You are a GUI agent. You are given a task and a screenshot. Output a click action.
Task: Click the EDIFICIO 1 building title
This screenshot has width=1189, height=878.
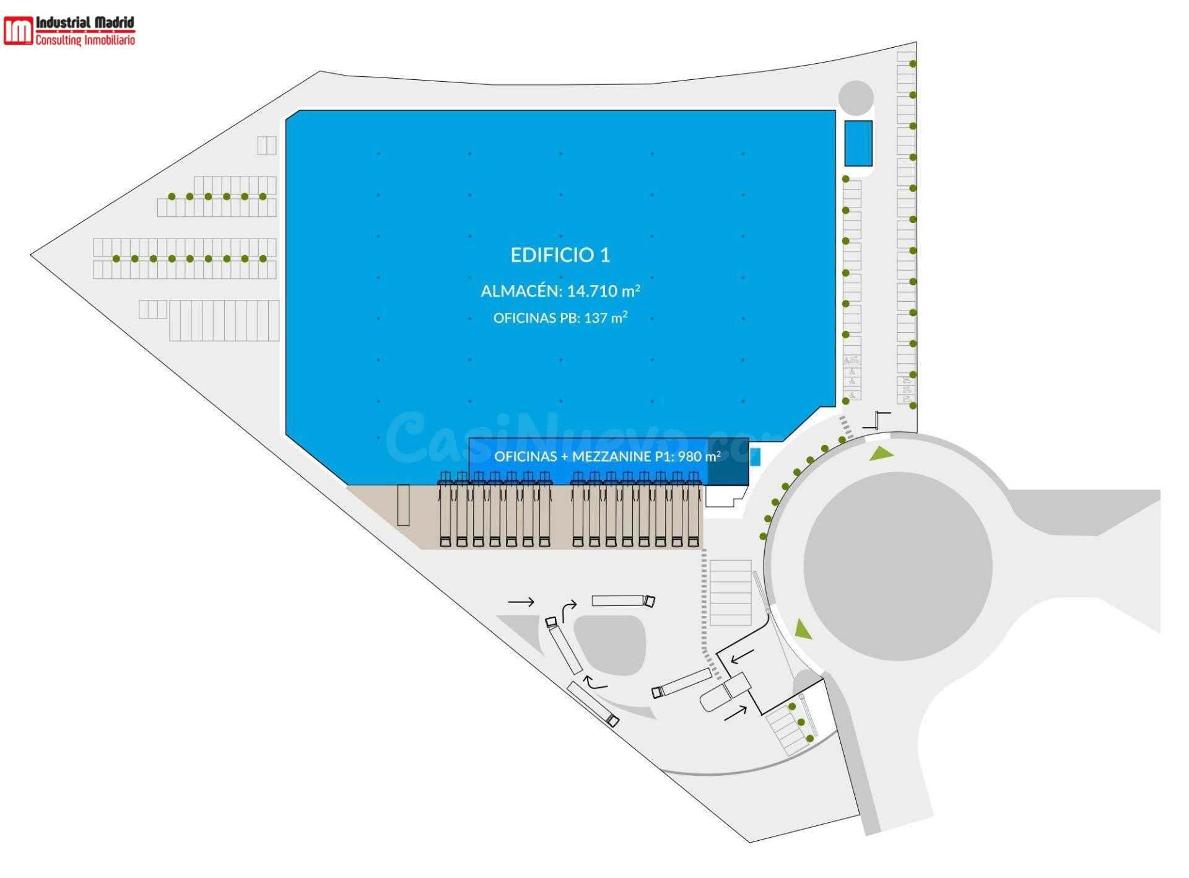tap(560, 255)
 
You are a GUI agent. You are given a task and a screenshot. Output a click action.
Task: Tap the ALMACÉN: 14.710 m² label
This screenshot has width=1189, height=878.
tap(560, 291)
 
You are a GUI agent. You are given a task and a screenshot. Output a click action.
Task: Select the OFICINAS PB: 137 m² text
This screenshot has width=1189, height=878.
tap(560, 318)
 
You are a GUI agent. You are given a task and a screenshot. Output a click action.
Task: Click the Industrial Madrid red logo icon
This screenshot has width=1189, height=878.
tap(18, 30)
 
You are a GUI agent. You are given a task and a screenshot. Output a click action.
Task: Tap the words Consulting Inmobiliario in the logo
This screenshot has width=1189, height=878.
tap(85, 40)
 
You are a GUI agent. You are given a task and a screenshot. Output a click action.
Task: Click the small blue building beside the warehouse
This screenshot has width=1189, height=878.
tap(858, 143)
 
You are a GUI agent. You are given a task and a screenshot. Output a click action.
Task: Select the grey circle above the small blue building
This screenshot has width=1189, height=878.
tap(856, 98)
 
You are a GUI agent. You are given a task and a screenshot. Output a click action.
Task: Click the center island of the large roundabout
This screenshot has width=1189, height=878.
tap(898, 566)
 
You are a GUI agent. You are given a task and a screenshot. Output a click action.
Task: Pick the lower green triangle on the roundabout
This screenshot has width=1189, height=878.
tap(803, 629)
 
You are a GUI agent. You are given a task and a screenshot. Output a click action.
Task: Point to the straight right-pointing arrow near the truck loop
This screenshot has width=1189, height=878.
tap(521, 602)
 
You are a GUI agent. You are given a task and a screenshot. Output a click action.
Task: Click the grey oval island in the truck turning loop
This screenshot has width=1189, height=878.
tap(610, 645)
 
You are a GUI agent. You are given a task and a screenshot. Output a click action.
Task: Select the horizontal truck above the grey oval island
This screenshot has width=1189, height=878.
tap(623, 600)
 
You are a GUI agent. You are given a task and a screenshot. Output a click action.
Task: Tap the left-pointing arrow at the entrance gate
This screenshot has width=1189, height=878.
tap(742, 656)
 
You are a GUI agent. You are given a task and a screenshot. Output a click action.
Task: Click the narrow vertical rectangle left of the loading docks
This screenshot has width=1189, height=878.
tap(403, 505)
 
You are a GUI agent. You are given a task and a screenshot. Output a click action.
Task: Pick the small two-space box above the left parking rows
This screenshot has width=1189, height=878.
tap(267, 145)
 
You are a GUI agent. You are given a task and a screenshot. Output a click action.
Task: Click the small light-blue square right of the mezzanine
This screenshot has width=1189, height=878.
tap(755, 457)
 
